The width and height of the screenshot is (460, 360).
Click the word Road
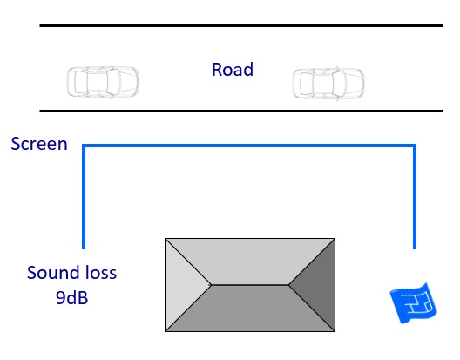(232, 69)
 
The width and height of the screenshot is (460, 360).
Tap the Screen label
(39, 144)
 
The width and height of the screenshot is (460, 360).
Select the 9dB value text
(71, 298)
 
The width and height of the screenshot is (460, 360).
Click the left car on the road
(103, 81)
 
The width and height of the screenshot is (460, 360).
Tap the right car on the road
(328, 83)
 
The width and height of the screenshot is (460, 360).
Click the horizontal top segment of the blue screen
(248, 146)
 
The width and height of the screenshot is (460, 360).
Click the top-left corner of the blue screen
(84, 146)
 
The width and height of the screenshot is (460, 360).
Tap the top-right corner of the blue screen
(414, 146)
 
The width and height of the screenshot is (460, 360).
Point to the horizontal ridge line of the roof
(249, 284)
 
